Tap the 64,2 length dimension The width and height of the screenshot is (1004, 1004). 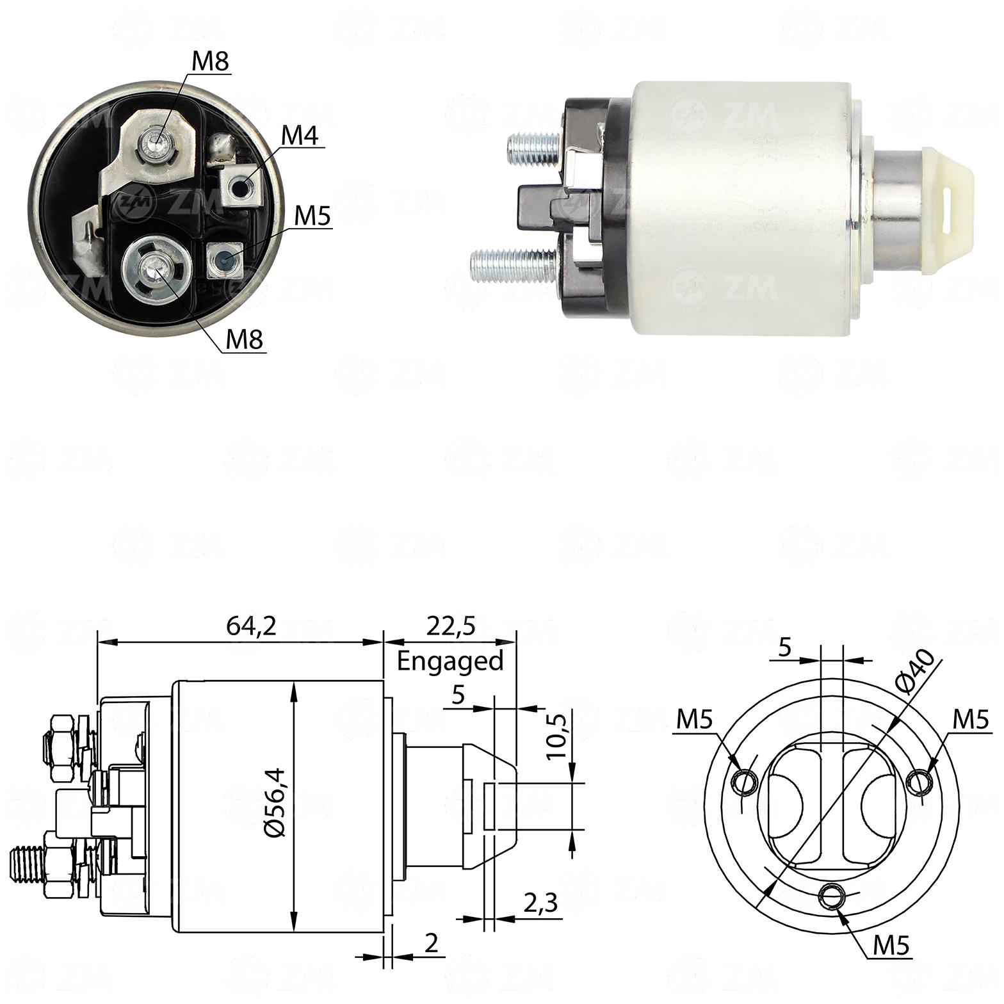tap(251, 626)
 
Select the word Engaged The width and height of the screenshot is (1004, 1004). tap(450, 660)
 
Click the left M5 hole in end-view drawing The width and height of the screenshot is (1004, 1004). tap(745, 781)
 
